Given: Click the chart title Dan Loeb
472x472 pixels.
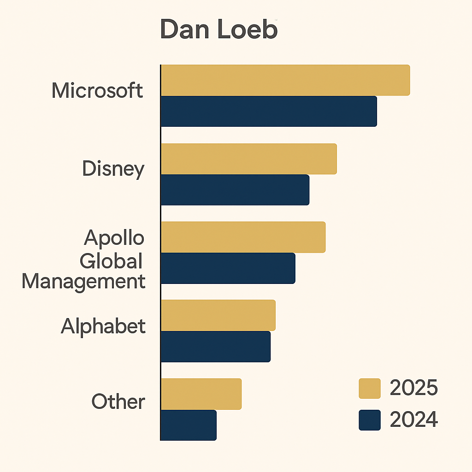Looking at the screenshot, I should coord(218,30).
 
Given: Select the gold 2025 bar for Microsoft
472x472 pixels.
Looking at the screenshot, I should coord(285,80).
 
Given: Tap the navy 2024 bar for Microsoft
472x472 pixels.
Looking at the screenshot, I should coord(268,111).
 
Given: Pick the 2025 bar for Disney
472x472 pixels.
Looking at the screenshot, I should coord(248,159).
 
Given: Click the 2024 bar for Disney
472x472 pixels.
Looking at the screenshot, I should coord(235,189).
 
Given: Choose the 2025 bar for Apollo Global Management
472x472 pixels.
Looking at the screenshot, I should coord(243,237).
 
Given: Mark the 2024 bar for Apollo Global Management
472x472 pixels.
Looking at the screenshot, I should coord(228,268).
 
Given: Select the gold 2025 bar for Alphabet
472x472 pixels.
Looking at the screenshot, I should coord(218,315).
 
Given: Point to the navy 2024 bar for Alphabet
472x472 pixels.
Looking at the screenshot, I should coord(215,346).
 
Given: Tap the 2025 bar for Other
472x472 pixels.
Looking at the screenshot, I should coord(201,394).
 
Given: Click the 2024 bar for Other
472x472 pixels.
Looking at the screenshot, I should coord(189,425).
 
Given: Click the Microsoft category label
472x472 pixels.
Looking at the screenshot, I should coord(97,90).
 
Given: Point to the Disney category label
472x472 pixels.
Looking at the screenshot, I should coord(113,169).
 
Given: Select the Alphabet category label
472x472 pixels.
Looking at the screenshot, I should coord(103,326).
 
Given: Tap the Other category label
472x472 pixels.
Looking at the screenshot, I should coord(118,401).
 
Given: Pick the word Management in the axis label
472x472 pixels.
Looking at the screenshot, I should coord(83,281).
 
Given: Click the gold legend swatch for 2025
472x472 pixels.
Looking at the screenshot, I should coord(370,389).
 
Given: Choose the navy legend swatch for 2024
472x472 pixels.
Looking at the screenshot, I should coord(370,420).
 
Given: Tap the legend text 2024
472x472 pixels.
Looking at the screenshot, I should coord(413,420).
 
